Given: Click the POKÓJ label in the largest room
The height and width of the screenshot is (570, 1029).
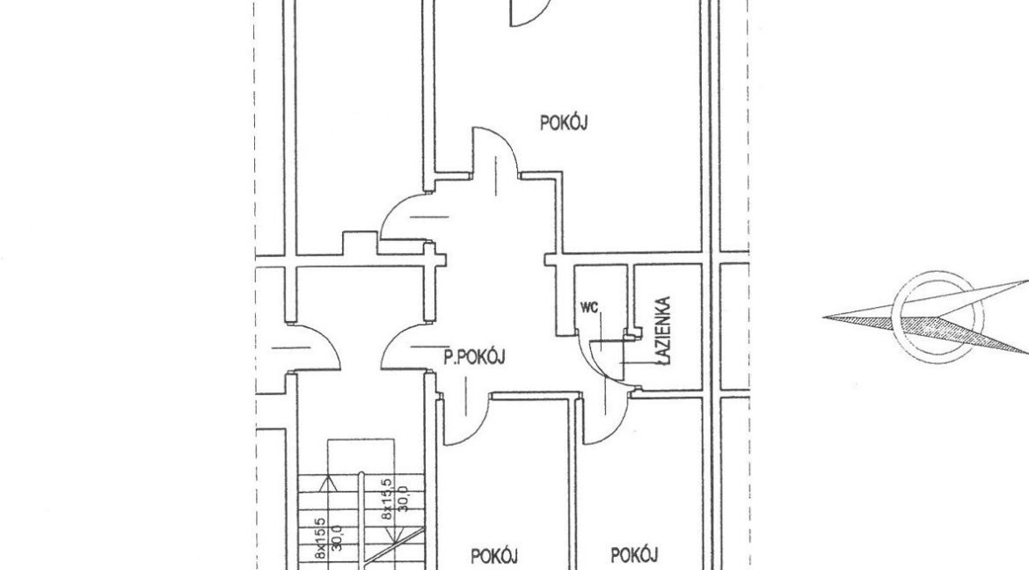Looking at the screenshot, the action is point(563,123).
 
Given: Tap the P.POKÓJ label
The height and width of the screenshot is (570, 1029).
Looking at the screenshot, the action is point(474,357).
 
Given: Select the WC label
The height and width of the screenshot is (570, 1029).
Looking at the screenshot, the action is point(588,307).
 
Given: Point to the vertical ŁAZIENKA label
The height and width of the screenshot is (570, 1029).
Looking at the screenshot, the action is point(664,331).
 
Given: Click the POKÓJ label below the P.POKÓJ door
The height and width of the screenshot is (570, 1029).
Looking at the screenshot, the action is point(495,556).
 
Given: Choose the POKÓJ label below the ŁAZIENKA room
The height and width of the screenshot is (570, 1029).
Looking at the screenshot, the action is point(634,555).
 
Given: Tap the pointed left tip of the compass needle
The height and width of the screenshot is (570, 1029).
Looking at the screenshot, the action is point(824,318).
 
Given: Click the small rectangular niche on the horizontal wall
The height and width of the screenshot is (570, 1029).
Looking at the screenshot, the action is point(360,242).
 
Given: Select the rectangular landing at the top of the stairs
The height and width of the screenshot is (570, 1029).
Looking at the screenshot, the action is point(361,456).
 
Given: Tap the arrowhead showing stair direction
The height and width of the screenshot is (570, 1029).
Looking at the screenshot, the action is point(327,484).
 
